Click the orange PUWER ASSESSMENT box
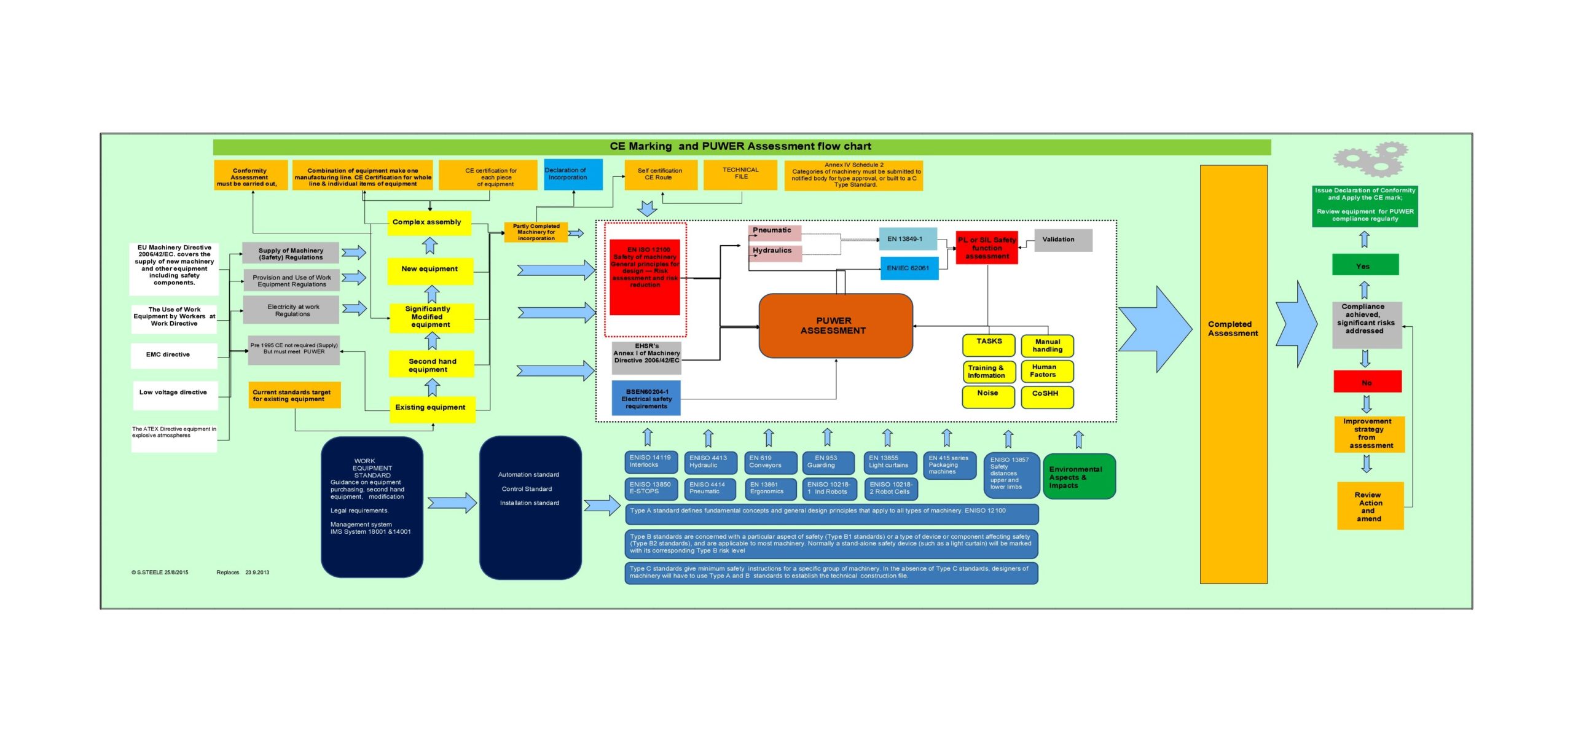tap(835, 326)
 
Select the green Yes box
tap(1365, 265)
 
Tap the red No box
tap(1367, 381)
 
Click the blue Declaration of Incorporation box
tap(573, 174)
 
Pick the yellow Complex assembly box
tap(429, 222)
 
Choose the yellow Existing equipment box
tap(432, 408)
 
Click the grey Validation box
tap(1063, 240)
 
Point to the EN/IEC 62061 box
tap(909, 268)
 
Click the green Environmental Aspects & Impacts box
tap(1078, 477)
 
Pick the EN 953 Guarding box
tap(828, 462)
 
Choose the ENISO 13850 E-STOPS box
tap(651, 488)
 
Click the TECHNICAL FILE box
tap(740, 174)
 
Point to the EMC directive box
tap(173, 355)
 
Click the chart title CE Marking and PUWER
tap(740, 147)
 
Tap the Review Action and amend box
tap(1370, 506)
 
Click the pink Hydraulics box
tap(774, 252)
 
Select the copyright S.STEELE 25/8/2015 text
tap(160, 573)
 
